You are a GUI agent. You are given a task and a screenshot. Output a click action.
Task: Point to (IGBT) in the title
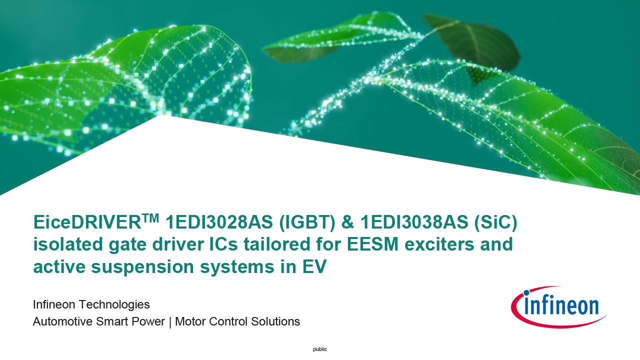tap(307, 222)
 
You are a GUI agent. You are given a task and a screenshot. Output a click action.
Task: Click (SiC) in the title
tap(495, 222)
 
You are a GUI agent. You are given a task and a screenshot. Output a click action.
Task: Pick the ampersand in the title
tap(347, 222)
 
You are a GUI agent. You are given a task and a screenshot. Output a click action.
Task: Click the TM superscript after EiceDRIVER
tap(150, 218)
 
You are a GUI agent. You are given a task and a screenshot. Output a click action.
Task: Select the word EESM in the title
tap(372, 244)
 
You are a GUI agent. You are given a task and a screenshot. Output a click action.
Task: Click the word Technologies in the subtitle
tap(114, 305)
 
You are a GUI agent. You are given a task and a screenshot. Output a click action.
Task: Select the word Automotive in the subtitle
tap(62, 321)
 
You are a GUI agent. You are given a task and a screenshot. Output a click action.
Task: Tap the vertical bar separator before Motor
tap(170, 322)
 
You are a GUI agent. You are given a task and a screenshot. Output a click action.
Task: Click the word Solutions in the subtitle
tap(275, 321)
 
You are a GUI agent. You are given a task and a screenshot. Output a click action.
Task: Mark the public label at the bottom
tap(320, 349)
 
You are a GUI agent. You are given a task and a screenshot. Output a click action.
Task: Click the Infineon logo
tap(559, 307)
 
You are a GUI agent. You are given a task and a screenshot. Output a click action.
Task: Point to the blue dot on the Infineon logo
tap(526, 292)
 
